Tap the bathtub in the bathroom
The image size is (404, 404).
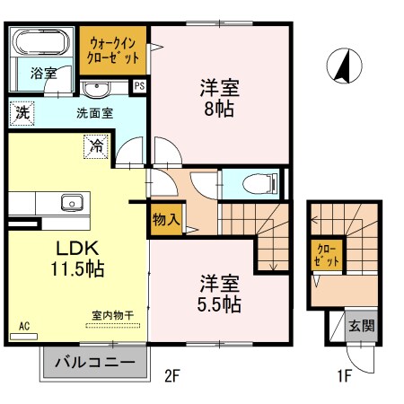42,42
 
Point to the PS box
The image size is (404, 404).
139,86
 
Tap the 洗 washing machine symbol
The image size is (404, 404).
21,114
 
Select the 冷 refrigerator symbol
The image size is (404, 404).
94,144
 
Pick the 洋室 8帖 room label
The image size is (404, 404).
219,100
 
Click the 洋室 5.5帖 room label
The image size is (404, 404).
219,294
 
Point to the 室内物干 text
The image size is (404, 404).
112,316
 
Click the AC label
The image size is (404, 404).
23,327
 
